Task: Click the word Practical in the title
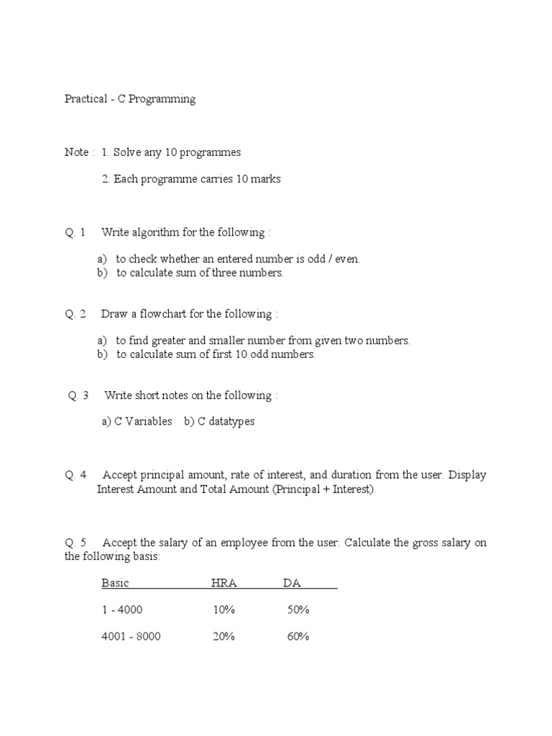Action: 86,99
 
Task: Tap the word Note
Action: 76,152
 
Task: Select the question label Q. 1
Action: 75,232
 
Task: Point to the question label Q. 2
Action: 75,314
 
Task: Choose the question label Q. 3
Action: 78,395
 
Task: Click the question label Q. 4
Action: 75,475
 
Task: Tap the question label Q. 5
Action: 75,543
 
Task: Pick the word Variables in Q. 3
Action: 149,421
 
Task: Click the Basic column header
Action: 115,583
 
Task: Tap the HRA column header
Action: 224,583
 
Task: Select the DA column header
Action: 292,583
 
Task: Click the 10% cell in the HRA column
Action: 224,610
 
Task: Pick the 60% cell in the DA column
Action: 298,637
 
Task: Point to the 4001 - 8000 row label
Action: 131,637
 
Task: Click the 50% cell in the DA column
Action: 298,610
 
